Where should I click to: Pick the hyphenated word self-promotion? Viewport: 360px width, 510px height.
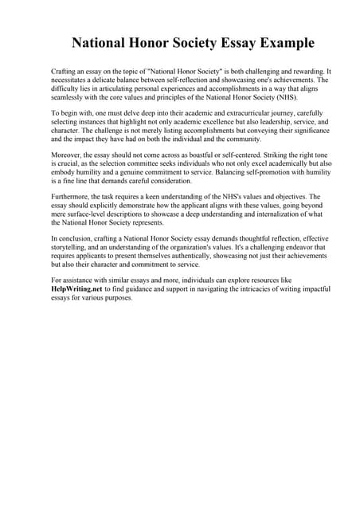point(232,172)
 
